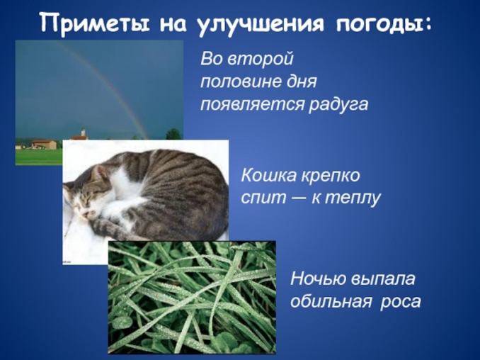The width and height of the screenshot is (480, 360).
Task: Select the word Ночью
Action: (x=319, y=277)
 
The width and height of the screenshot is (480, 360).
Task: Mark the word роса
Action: (x=401, y=301)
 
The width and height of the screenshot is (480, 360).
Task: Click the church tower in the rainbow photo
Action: (x=83, y=134)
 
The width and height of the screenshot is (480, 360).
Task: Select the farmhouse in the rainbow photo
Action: (x=44, y=144)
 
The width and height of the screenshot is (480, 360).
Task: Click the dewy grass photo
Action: (x=191, y=298)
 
